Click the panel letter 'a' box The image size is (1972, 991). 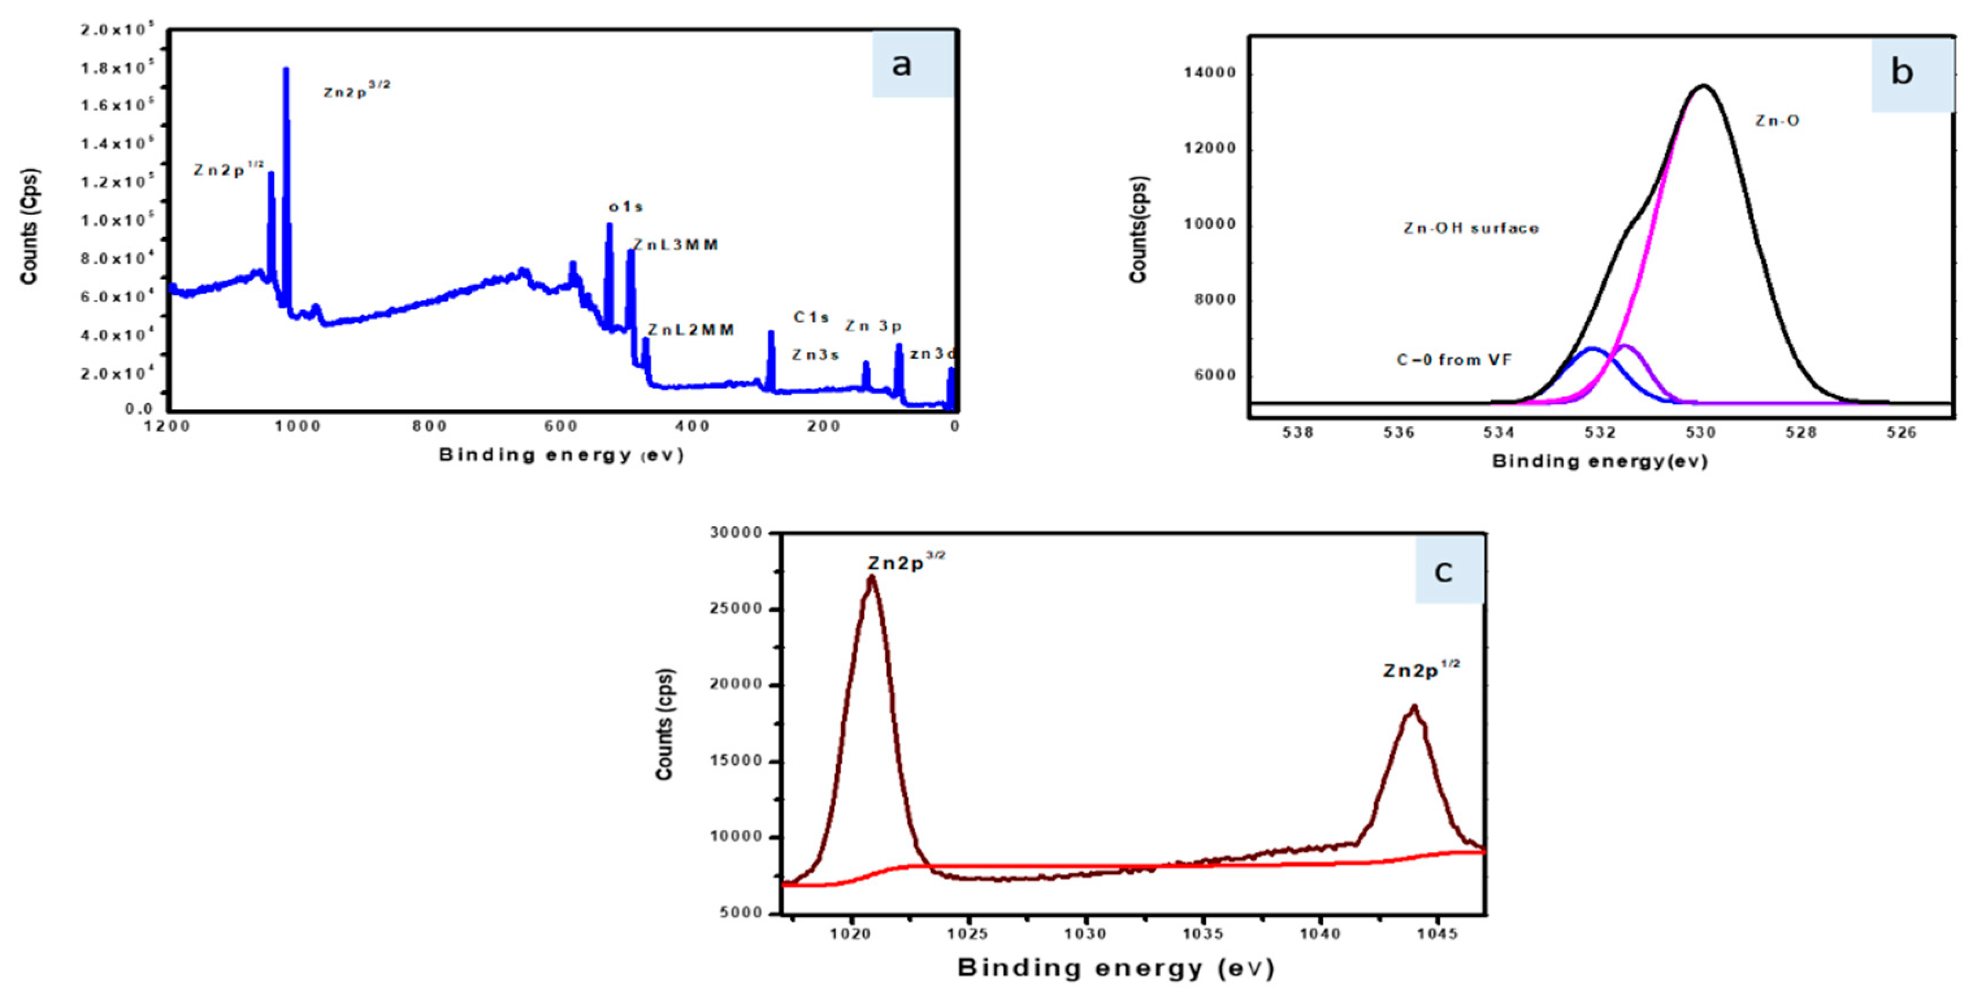913,64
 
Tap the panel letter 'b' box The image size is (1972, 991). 1912,74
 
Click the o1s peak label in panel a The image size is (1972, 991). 625,207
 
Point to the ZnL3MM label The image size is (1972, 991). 676,245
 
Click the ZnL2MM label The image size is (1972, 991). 691,330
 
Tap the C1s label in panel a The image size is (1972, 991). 811,317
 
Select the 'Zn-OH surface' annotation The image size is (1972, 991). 1471,228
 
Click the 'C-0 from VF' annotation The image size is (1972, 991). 1454,360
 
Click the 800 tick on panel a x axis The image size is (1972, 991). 429,427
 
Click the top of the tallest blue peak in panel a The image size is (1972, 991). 286,69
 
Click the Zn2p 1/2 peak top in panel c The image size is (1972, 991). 1414,707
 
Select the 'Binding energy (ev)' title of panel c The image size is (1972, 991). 1116,968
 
